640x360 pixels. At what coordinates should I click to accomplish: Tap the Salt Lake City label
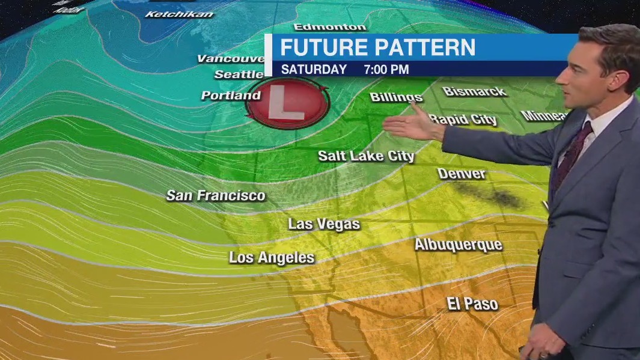366,156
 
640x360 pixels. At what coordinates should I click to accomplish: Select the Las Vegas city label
324,224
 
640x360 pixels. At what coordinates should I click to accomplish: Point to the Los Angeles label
272,258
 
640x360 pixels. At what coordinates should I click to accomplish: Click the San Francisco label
216,195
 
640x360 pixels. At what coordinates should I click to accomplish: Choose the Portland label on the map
231,96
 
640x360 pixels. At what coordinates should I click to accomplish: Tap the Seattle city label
239,75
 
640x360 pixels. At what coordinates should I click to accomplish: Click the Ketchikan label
179,14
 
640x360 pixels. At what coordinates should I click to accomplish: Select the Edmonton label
330,27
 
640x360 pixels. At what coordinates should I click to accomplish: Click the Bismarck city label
475,91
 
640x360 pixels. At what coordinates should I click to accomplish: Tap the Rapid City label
463,119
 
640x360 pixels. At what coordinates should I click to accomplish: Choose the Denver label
462,174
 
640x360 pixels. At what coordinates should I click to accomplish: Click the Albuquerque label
458,245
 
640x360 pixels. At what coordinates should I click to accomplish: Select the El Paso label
472,304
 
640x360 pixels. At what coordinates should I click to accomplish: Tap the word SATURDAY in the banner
314,69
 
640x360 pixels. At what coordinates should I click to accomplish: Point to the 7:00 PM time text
386,69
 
